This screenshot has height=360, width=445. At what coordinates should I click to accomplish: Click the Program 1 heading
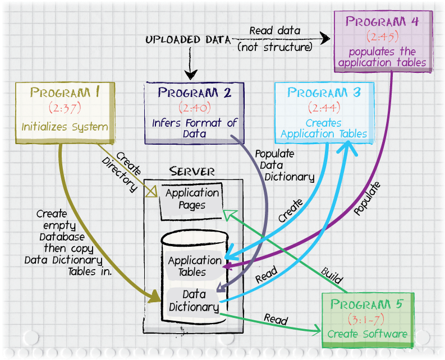tap(65, 93)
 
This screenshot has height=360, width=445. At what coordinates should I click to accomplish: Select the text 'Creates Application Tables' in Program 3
tap(324, 128)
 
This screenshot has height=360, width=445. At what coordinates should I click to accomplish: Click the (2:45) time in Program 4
tap(383, 38)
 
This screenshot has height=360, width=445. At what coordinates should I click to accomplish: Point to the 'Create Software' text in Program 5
tap(367, 334)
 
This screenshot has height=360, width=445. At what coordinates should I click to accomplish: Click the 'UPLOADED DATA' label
tap(188, 40)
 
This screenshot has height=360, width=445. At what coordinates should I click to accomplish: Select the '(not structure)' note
tap(274, 47)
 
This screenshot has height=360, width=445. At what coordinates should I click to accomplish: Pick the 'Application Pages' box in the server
tap(192, 199)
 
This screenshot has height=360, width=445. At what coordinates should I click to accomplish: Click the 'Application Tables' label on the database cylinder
tap(195, 266)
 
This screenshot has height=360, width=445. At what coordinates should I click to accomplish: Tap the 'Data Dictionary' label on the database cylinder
tap(194, 301)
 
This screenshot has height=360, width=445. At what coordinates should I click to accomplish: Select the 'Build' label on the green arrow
tap(332, 275)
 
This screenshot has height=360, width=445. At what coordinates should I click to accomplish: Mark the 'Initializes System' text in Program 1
tap(65, 127)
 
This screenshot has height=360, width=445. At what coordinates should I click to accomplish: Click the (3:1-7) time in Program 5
tap(367, 320)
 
